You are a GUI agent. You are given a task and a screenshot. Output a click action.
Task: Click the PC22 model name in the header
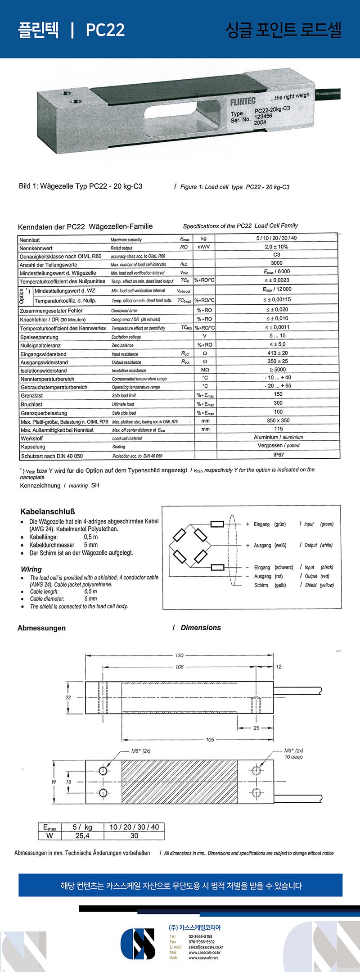(105, 30)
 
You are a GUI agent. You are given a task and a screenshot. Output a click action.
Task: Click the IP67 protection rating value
(278, 455)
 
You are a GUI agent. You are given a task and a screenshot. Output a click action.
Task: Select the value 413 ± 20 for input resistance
(277, 353)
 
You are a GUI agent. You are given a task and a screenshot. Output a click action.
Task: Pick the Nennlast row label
(30, 240)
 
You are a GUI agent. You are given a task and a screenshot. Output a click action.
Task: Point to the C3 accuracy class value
(277, 255)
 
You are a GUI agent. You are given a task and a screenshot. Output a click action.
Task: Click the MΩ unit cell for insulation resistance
(205, 370)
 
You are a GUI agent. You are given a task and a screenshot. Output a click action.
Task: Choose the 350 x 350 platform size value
(278, 420)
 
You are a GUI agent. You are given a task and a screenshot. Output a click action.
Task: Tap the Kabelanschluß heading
(47, 512)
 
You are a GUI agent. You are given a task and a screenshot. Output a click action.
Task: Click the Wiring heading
(31, 569)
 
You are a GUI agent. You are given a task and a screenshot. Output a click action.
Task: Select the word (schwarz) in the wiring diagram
(284, 567)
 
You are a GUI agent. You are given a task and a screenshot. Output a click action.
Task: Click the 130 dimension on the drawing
(180, 656)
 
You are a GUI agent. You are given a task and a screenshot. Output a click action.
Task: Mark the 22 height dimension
(68, 697)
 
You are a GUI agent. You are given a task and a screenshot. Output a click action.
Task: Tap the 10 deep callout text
(293, 757)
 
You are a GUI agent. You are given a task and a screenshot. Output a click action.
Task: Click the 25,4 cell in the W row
(82, 836)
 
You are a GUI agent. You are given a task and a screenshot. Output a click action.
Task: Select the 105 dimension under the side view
(210, 740)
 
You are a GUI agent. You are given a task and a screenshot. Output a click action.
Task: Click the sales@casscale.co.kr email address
(206, 947)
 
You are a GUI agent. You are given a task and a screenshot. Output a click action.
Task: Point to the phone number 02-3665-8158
(201, 936)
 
